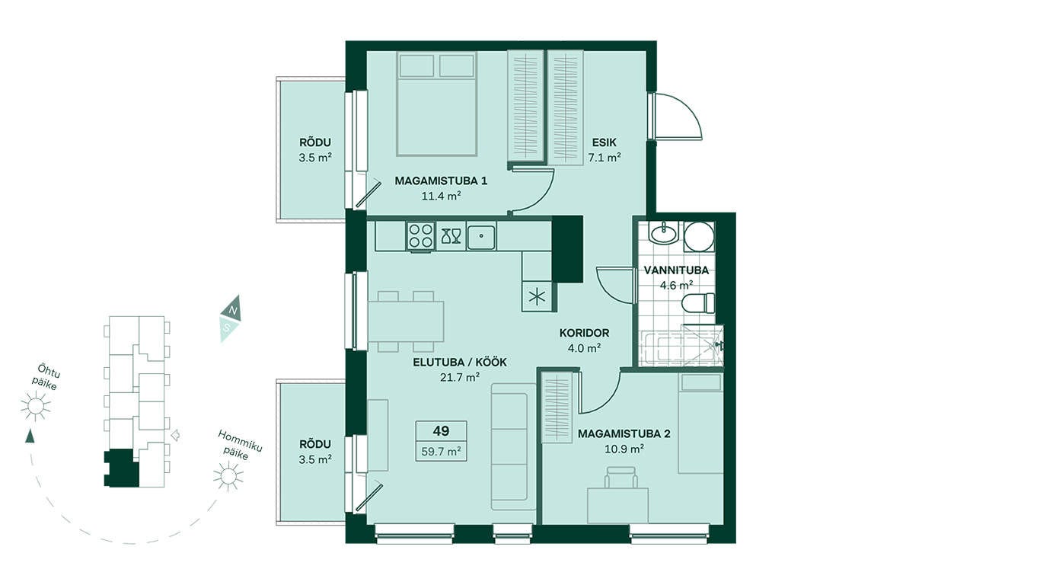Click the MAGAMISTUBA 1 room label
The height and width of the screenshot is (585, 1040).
click(x=441, y=181)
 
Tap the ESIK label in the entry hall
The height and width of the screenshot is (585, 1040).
click(x=604, y=142)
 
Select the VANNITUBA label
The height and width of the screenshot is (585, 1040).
click(x=676, y=270)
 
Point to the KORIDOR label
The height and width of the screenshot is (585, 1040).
click(x=584, y=333)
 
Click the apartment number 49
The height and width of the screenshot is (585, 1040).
click(x=441, y=431)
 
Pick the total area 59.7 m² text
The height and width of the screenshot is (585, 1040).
click(x=441, y=451)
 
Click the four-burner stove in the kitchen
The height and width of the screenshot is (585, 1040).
click(x=420, y=235)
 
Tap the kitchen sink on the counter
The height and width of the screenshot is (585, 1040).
click(x=481, y=236)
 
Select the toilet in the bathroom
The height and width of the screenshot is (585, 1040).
click(x=698, y=303)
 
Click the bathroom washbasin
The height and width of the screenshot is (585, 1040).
click(x=664, y=232)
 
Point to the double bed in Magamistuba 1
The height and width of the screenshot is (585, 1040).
click(x=437, y=104)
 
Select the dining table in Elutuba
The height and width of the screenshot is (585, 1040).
click(x=406, y=321)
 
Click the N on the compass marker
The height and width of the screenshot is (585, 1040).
click(x=234, y=310)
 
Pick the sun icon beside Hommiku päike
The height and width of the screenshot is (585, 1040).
click(x=228, y=476)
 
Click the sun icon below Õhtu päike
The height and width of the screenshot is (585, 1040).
click(x=36, y=406)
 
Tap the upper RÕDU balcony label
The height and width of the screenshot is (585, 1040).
click(x=315, y=142)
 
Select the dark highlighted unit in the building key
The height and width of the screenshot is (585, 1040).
click(x=121, y=468)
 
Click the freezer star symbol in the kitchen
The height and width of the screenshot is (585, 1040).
click(x=538, y=297)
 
